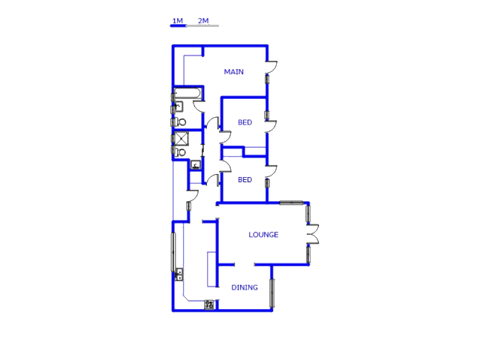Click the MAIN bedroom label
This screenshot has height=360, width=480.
point(234,72)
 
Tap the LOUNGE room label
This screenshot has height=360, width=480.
point(263,235)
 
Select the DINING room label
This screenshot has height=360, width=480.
point(244,287)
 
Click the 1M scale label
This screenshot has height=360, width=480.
point(178,20)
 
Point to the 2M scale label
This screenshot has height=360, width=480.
point(203,20)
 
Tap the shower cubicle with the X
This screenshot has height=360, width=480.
point(180,137)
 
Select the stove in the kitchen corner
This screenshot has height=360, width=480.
point(210,304)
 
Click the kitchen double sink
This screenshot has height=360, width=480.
point(178,274)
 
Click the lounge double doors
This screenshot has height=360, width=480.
point(313,234)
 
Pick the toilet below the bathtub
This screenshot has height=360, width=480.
point(180,121)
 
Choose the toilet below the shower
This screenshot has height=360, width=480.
point(180,151)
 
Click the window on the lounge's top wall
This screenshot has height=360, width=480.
point(291,202)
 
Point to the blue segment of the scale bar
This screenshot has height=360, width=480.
point(178,26)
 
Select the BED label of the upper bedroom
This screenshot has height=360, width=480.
point(244,122)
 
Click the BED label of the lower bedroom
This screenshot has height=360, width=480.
point(244,180)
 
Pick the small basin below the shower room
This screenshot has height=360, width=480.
point(195,165)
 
